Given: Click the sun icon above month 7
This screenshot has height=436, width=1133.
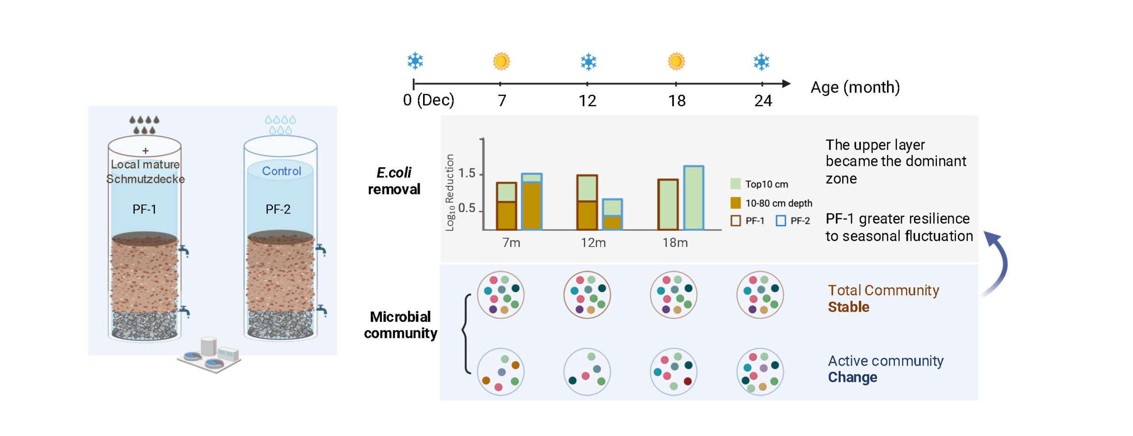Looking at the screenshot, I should coord(501,61).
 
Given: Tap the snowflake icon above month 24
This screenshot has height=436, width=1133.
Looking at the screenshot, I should coord(761,62).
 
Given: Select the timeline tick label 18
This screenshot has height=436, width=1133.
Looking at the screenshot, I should coord(676,101).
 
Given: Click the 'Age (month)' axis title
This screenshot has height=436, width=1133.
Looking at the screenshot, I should coord(855,87).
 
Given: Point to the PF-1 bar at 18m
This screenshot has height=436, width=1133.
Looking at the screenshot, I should coord(667,204).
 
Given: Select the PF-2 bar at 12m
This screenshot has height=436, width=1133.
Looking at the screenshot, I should coord(612,214).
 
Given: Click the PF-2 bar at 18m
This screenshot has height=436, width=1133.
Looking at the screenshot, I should coord(694,198).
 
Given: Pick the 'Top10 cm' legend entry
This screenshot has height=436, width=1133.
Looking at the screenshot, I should coord(759,184).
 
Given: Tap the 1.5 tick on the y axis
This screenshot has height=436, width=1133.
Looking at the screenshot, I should coord(467,173).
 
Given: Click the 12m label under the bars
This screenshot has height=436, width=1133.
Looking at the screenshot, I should coord(593,243).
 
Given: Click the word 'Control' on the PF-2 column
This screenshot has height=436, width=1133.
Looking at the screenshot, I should coord(281,171).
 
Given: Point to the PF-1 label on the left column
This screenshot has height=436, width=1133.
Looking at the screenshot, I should coord(144,209).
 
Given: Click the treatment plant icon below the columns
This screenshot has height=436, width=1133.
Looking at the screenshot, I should coord(209,355).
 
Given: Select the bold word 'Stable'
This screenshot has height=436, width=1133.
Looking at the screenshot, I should coord(848,307).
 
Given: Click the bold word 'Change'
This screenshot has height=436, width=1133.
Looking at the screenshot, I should coord(852,377).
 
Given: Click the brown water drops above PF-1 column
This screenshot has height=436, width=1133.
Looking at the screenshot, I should coord(144,124).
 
